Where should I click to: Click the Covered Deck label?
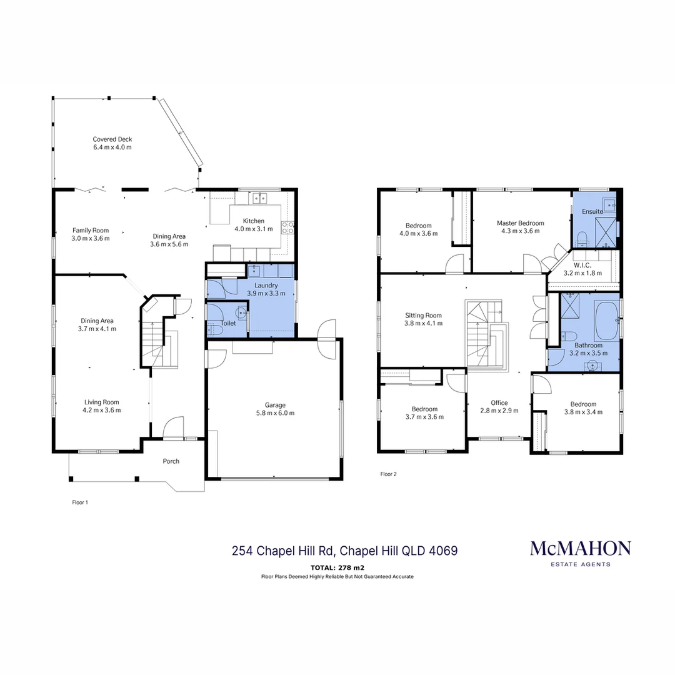point(112,139)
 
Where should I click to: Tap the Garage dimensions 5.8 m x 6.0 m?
point(275,412)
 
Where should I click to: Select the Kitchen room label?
point(254,221)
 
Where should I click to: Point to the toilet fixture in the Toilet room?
point(239,313)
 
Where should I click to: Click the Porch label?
point(171,461)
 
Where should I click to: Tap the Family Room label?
point(90,230)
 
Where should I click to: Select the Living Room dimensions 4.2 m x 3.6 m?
point(101,411)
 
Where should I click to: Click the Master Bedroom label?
point(520,223)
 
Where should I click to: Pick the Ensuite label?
point(592,211)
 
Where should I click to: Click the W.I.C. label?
point(582,265)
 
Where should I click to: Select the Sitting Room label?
point(423,316)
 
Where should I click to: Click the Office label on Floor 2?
point(499,402)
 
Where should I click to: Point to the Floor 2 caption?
point(389,474)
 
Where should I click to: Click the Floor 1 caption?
point(80,502)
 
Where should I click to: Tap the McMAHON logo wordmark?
point(580,549)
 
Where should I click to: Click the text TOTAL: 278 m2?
point(337,568)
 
